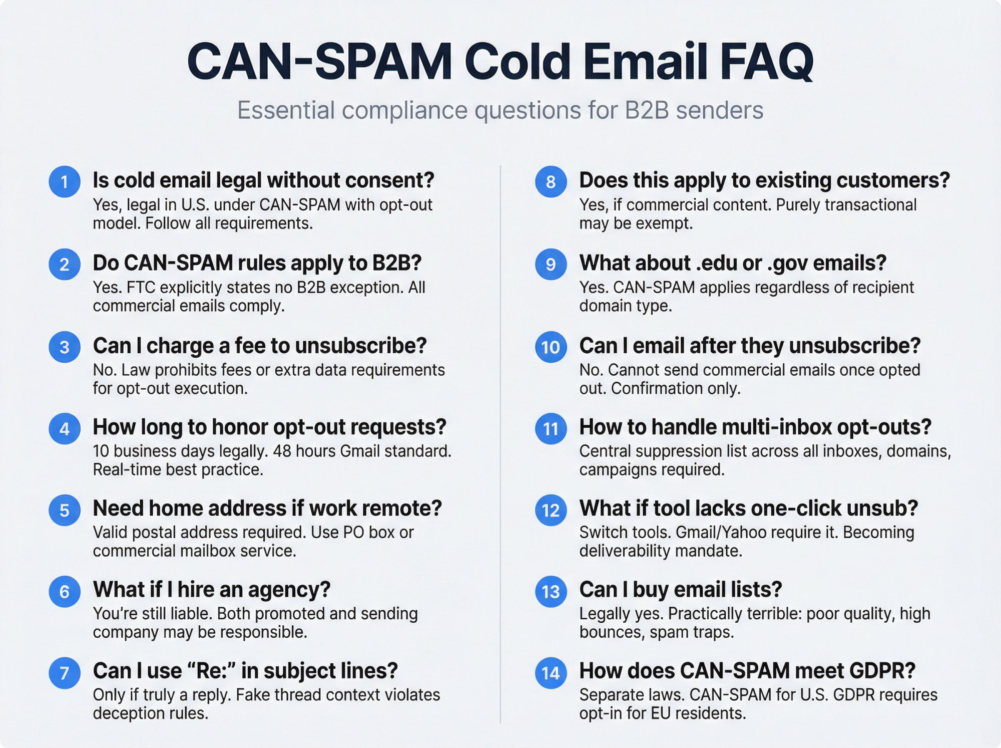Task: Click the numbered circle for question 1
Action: [65, 181]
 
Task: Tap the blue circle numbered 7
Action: [65, 673]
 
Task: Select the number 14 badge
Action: [551, 673]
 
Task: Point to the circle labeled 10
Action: [551, 347]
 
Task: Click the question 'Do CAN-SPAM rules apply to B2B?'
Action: [257, 263]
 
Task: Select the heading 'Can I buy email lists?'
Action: [681, 590]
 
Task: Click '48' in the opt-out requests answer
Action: [282, 451]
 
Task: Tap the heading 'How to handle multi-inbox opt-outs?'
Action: [755, 427]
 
